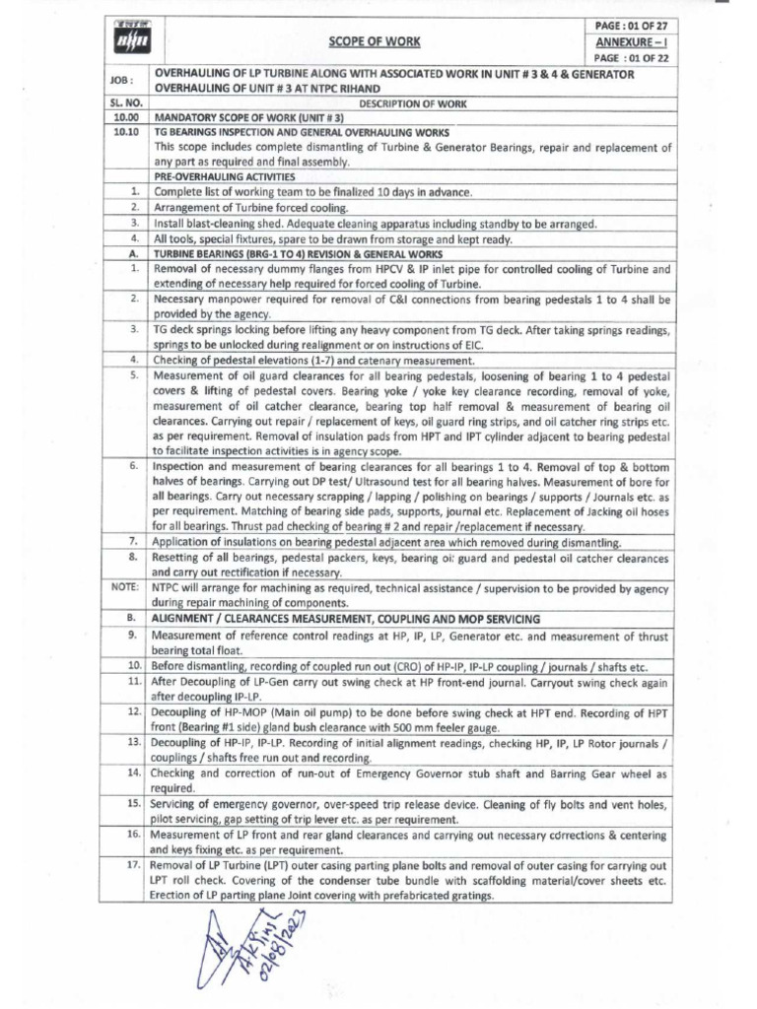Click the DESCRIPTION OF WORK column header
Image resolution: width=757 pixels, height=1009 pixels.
[411, 102]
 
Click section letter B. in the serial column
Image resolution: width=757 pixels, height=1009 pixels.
[131, 619]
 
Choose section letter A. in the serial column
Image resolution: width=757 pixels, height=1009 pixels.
[131, 252]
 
